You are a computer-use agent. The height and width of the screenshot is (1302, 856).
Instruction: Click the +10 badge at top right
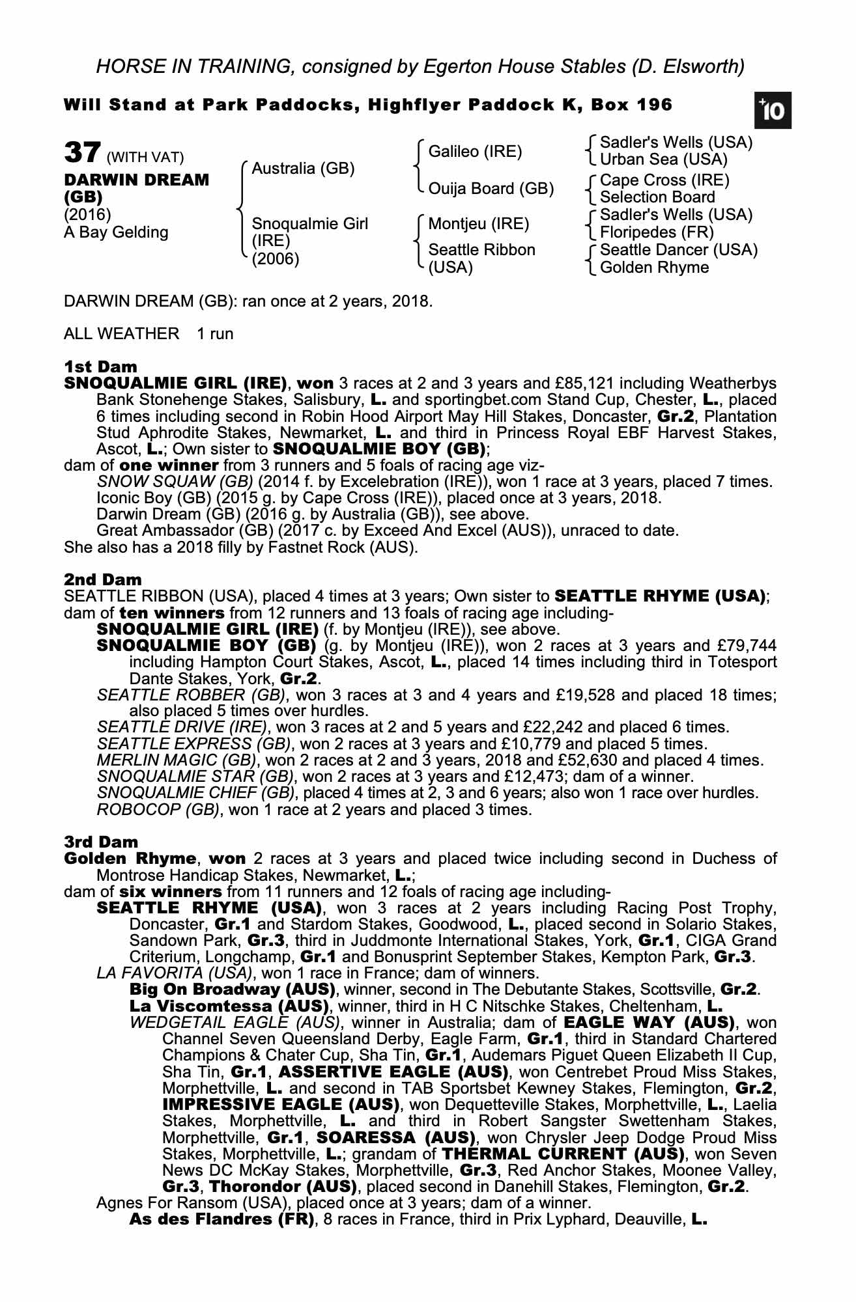point(773,111)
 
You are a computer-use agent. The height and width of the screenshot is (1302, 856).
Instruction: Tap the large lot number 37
point(81,154)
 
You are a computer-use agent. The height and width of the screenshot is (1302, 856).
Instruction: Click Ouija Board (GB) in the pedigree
point(491,189)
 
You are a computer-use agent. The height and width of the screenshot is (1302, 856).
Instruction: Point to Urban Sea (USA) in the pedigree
point(663,159)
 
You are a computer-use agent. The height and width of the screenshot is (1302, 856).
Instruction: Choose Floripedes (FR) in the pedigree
point(657,232)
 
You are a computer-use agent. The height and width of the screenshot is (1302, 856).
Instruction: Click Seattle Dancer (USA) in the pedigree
point(678,250)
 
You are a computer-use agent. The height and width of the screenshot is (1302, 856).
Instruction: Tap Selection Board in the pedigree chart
point(657,197)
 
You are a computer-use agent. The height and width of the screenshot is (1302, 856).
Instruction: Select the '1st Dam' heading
point(100,367)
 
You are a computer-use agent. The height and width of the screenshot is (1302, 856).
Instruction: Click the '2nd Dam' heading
point(102,579)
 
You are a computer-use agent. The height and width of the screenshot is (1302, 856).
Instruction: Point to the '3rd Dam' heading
point(101,842)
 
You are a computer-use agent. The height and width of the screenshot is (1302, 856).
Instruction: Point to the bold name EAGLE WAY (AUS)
point(648,1023)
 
